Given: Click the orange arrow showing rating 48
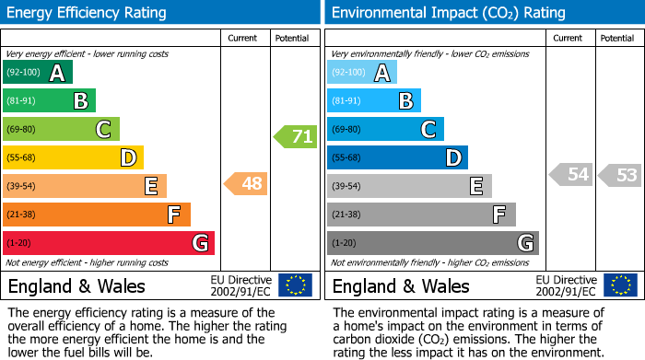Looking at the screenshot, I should tap(246, 184).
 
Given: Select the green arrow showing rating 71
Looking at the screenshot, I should tap(296, 137).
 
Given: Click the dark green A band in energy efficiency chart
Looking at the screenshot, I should tap(38, 73).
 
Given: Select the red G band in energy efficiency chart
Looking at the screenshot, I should tap(109, 243).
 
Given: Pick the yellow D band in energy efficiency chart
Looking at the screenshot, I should tap(73, 158).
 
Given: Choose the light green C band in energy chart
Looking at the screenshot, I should tap(61, 130).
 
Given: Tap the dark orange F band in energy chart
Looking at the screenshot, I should tap(97, 215).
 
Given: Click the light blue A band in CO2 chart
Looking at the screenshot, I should tap(362, 73).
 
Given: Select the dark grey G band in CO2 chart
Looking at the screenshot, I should tap(432, 243).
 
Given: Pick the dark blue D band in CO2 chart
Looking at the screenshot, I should tap(397, 158).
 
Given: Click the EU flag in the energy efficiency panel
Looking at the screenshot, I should tap(295, 285).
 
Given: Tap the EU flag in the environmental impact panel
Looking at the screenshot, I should tap(622, 285).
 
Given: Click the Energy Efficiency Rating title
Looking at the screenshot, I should tap(88, 13).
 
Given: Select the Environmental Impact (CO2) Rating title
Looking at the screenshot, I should tap(448, 13).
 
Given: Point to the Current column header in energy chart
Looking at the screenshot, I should tap(243, 38).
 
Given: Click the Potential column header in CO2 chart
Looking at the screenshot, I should tap(617, 38).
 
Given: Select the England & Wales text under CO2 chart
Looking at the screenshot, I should tap(401, 285).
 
